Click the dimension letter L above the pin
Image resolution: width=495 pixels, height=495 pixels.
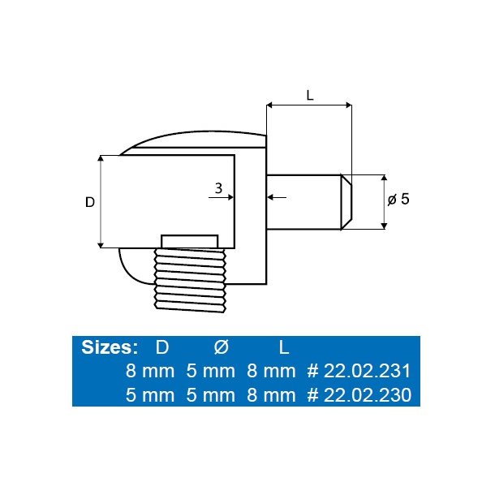[309, 94]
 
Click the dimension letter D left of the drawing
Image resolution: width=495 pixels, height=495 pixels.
[90, 201]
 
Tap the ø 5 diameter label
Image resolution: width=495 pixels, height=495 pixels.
[398, 200]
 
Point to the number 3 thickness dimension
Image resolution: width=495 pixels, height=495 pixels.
[217, 187]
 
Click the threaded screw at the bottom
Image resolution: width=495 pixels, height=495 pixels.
[190, 280]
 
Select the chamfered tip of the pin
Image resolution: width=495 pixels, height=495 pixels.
[346, 201]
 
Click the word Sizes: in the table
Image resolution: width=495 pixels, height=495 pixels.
[110, 347]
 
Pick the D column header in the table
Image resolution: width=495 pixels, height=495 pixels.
[162, 347]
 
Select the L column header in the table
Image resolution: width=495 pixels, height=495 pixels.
[283, 347]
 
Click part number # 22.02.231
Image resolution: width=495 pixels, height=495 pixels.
[359, 372]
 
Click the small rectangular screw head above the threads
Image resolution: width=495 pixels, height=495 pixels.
[190, 241]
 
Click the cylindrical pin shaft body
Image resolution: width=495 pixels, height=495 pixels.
[304, 201]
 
